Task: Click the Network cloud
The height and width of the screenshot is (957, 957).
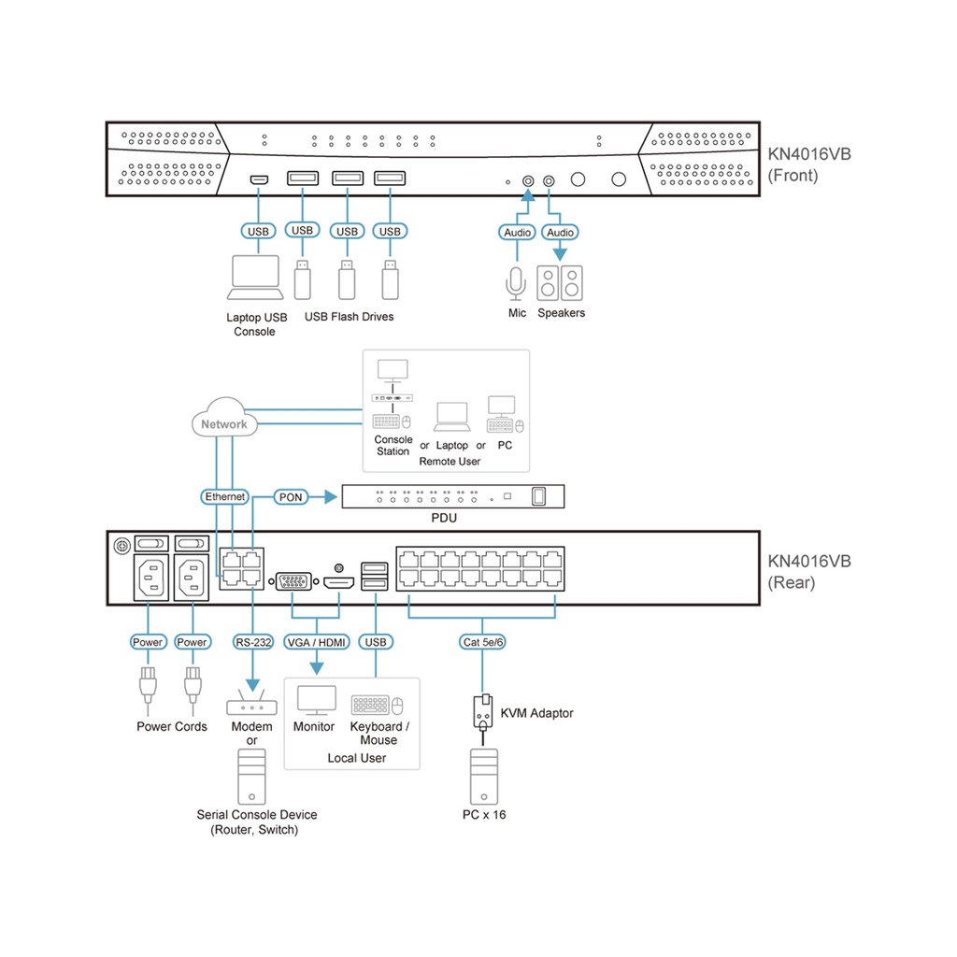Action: pos(224,423)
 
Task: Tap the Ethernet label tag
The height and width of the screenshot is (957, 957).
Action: pos(224,497)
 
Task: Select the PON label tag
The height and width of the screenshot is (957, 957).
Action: pos(291,497)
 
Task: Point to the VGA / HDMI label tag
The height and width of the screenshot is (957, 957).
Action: pos(316,642)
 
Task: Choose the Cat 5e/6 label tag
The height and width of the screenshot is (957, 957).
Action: pos(482,642)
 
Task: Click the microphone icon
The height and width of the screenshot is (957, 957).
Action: pos(516,281)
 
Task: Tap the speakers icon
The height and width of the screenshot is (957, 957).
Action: pos(560,281)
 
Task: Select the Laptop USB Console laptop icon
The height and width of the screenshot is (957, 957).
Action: pos(254,275)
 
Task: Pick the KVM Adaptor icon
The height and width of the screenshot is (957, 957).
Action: pos(482,713)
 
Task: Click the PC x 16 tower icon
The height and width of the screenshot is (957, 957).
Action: pos(482,777)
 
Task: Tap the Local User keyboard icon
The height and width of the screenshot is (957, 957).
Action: pos(371,705)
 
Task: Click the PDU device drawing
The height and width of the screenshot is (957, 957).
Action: pos(453,496)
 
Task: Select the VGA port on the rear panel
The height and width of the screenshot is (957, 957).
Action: pos(293,583)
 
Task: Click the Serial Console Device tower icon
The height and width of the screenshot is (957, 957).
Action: pos(250,778)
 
